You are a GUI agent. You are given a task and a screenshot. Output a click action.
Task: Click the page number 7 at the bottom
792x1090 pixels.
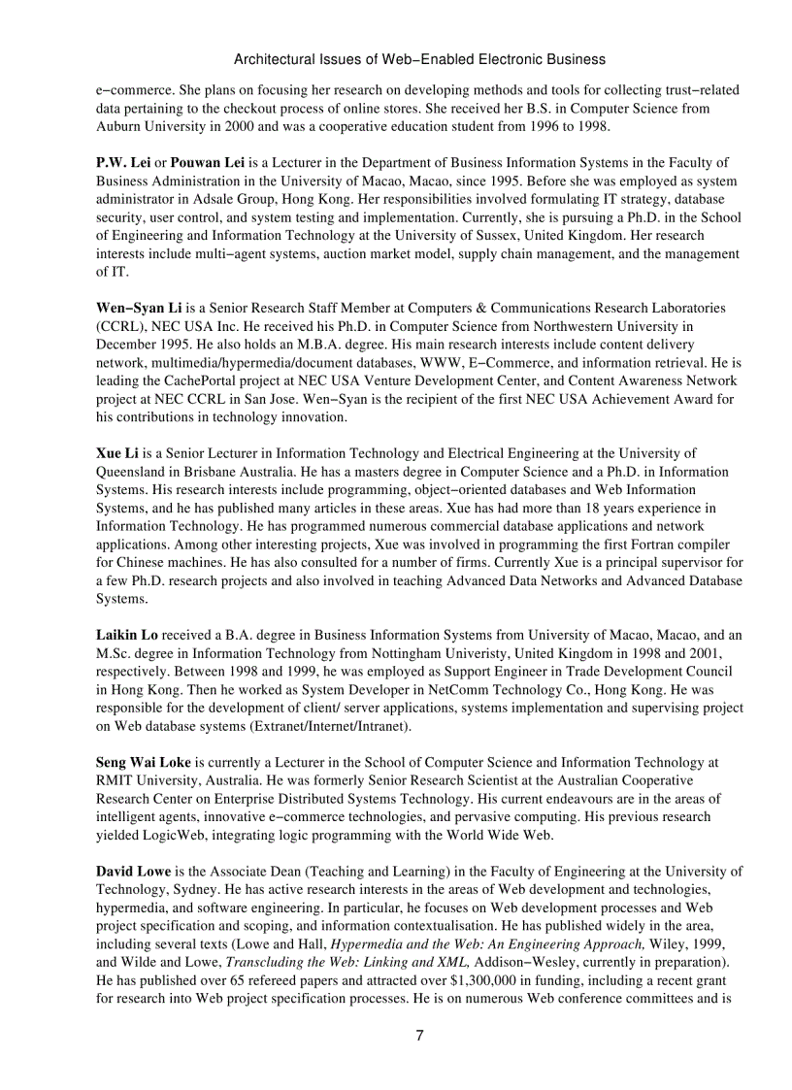coord(419,1035)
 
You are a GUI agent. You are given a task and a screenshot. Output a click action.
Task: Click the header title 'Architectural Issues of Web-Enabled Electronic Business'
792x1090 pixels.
coord(419,59)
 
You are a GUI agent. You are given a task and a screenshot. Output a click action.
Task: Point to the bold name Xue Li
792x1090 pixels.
coord(115,453)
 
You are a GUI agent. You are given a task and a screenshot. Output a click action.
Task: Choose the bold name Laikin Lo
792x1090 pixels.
coord(126,635)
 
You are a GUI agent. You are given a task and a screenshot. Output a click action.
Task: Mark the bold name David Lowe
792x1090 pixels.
coord(133,872)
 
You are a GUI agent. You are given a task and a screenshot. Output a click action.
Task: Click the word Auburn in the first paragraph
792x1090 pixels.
coord(117,126)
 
